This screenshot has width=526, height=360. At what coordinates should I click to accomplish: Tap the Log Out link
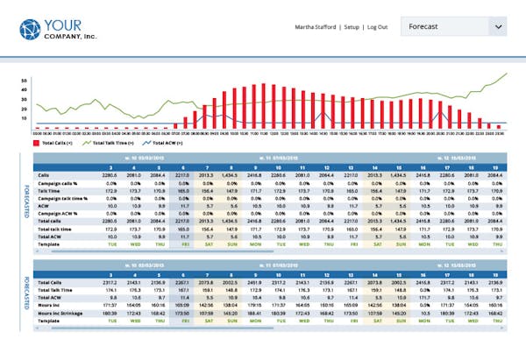[x=379, y=27]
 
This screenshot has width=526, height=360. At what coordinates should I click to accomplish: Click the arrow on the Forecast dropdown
[x=498, y=27]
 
